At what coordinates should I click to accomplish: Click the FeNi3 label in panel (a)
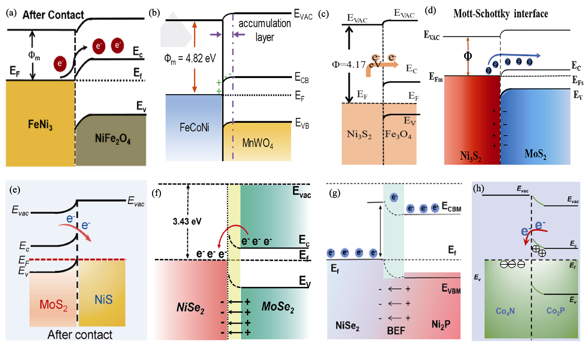tap(40, 125)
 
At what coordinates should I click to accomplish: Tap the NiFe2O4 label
tap(113, 139)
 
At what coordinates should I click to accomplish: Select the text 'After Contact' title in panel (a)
tap(53, 15)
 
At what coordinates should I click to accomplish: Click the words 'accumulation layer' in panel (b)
tap(264, 30)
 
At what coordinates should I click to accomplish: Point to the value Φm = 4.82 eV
tap(190, 58)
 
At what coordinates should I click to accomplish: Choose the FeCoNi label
tap(194, 128)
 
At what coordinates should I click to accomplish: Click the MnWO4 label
tap(258, 143)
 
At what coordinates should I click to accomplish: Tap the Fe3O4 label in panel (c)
tap(398, 134)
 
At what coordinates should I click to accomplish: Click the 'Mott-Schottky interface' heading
tap(500, 13)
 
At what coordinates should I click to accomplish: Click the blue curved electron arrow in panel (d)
tap(513, 56)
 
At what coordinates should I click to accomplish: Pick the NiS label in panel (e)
tap(104, 300)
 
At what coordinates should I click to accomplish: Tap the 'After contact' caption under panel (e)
tap(80, 335)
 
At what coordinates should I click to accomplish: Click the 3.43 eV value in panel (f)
tap(187, 221)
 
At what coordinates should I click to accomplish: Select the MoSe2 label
tap(278, 307)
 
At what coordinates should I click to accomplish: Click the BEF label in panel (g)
tap(396, 331)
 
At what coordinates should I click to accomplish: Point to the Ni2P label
tap(441, 324)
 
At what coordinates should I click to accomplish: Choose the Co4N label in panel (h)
tap(505, 311)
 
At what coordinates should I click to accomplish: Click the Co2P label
tap(555, 311)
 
